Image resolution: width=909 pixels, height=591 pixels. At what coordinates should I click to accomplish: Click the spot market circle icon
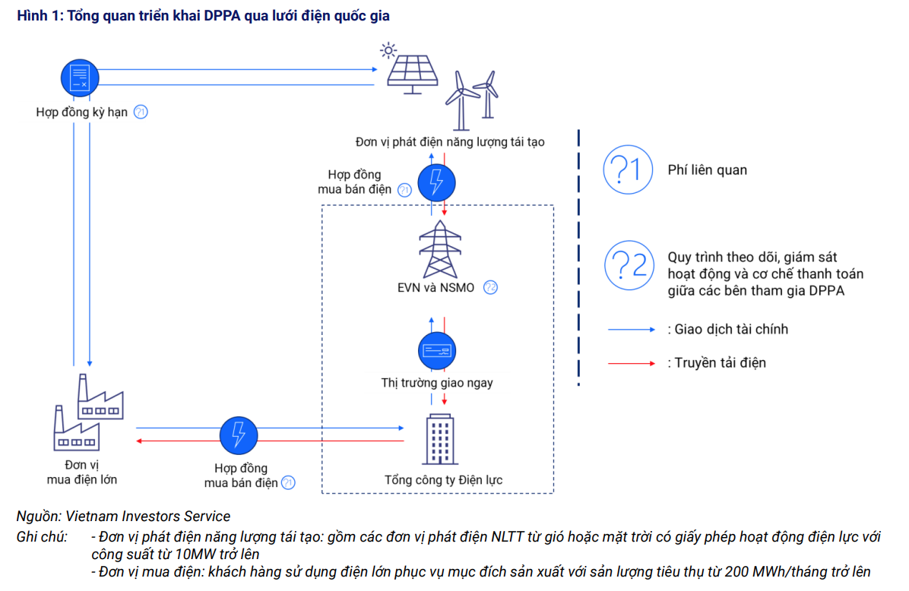(437, 350)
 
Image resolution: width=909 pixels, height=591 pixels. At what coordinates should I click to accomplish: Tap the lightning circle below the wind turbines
(437, 180)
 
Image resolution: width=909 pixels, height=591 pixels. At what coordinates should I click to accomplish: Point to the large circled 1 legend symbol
(628, 170)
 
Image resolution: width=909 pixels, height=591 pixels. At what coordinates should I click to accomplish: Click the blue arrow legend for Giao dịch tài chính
(631, 330)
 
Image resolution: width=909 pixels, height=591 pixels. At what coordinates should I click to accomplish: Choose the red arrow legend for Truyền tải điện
(631, 363)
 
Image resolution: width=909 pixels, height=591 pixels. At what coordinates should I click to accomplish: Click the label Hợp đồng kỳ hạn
(82, 112)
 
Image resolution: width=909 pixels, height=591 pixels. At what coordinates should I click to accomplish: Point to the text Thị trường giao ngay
(437, 383)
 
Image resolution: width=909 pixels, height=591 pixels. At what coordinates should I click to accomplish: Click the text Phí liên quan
(707, 170)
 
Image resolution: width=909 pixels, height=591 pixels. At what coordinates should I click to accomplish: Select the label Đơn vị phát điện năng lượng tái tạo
(449, 142)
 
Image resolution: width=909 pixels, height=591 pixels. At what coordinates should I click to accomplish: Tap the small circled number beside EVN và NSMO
(490, 288)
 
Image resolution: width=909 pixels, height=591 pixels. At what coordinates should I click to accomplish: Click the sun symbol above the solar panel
(388, 52)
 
